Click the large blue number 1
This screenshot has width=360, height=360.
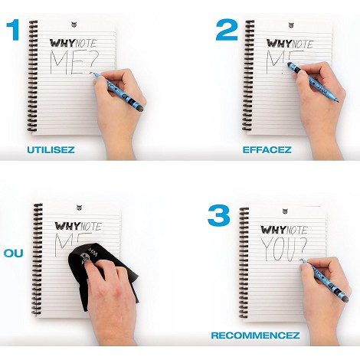click(x=13, y=31)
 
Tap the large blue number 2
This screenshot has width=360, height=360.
click(x=227, y=31)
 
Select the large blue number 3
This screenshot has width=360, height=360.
click(x=219, y=216)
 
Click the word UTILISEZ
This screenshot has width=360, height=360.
click(x=51, y=149)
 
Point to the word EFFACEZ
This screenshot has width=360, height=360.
click(x=267, y=149)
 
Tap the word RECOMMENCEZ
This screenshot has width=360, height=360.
click(x=255, y=335)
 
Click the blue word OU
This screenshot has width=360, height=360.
click(x=13, y=254)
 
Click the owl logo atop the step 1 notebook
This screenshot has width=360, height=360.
click(x=74, y=25)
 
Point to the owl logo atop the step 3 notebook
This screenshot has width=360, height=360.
click(x=285, y=211)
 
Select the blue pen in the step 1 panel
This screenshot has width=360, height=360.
click(x=118, y=92)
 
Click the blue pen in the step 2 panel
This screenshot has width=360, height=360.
click(x=313, y=82)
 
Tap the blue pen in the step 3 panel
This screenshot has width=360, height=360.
click(x=325, y=279)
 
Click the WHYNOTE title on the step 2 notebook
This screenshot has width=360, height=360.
click(x=290, y=44)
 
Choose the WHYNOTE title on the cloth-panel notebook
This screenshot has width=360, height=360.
click(x=78, y=226)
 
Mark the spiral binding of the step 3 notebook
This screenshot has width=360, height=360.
click(x=244, y=263)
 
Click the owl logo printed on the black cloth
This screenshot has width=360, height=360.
click(x=86, y=257)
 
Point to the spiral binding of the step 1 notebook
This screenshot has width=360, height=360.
click(x=33, y=76)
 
